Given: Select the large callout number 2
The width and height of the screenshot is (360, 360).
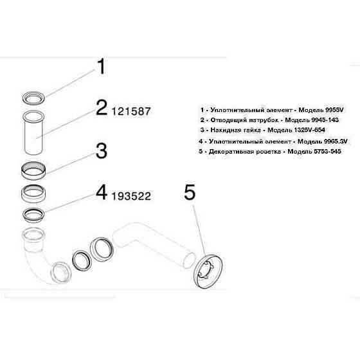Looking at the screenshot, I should pos(101,107).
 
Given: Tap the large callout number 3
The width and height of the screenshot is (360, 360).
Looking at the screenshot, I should pos(101,152).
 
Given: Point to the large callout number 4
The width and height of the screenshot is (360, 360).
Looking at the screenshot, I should pos(101,192).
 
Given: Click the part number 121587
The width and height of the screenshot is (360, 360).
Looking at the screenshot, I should pos(131,111).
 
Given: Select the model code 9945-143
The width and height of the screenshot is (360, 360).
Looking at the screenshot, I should pos(323,103).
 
